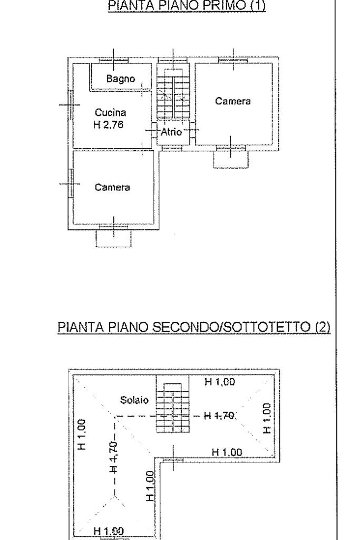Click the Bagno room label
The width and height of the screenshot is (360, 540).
point(121,79)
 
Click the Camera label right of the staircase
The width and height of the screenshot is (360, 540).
point(232,101)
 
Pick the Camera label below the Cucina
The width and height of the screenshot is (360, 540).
point(112,187)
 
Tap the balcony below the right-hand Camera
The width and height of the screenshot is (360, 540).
point(230,159)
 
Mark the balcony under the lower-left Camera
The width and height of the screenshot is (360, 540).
point(114,238)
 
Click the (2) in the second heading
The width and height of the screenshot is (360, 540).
point(322,327)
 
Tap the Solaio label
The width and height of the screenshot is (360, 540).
point(138,400)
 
